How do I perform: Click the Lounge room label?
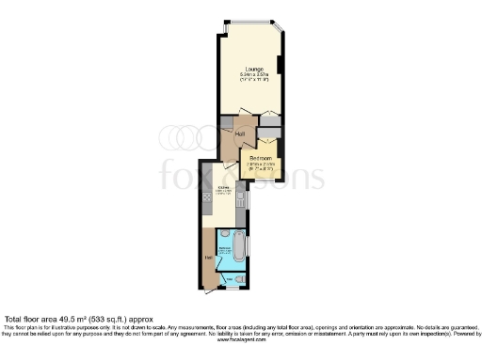(253, 69)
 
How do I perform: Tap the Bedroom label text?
(261, 158)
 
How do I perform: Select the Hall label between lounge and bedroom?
(240, 134)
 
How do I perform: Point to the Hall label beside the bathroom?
(208, 256)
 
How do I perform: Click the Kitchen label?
(224, 188)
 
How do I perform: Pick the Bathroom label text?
(226, 249)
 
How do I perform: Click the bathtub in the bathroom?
(239, 246)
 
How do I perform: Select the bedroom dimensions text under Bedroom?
(261, 167)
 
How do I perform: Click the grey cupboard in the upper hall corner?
(269, 120)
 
